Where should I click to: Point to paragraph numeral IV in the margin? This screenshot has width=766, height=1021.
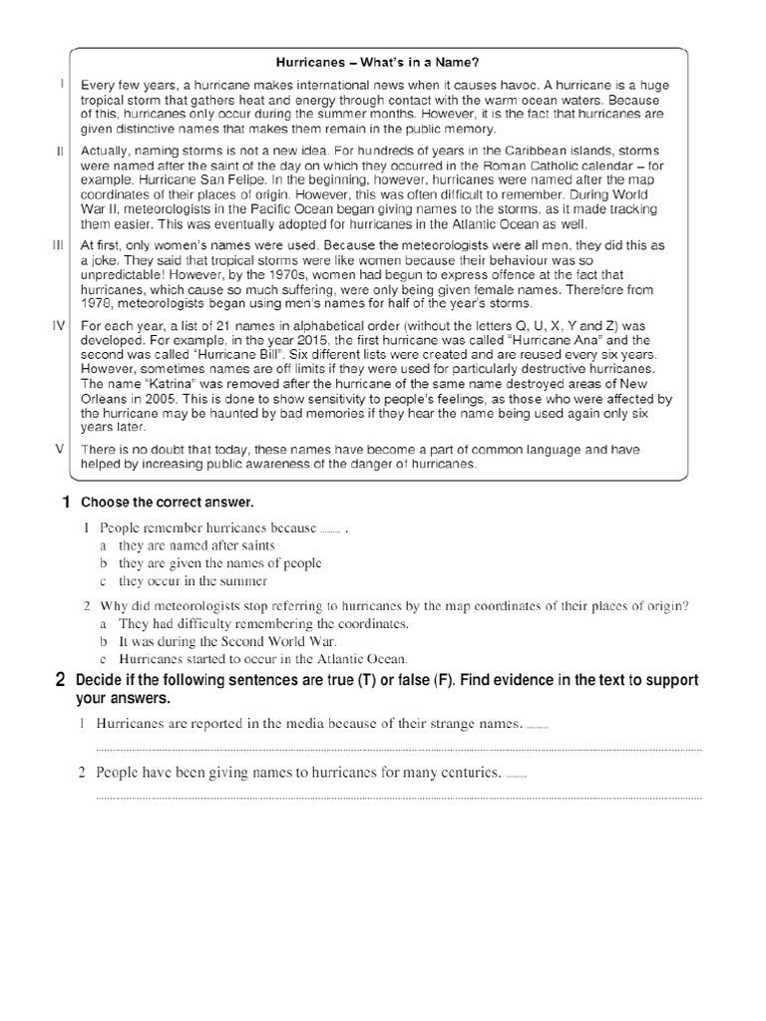point(58,325)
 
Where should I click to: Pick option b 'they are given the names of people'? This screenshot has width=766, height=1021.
point(219,562)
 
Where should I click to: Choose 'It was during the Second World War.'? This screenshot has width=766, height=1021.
point(227,641)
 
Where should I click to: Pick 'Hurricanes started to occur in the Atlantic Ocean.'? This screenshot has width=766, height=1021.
point(263,659)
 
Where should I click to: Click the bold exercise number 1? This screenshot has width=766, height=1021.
point(66,502)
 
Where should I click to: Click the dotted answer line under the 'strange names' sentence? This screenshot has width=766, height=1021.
point(398,749)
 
